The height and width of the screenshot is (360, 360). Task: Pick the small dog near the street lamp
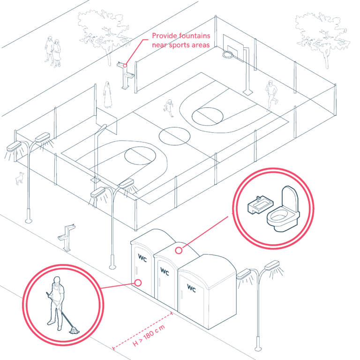20,178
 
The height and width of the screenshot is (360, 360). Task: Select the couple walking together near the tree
52,51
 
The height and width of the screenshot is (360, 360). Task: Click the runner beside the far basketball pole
271,95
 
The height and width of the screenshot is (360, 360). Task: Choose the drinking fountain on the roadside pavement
67,238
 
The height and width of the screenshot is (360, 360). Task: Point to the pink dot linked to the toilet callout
179,250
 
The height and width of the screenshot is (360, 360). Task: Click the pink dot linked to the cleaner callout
138,282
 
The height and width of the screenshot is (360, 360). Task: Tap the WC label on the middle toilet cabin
165,271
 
